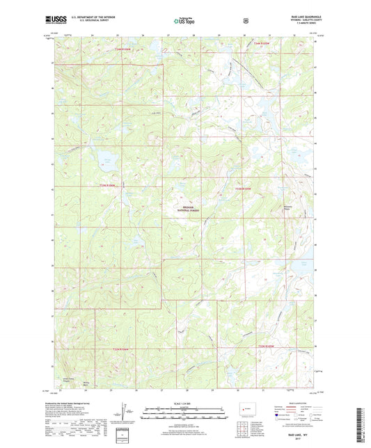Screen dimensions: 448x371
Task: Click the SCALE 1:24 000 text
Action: point(185,403)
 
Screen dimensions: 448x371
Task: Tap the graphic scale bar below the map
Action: point(185,416)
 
